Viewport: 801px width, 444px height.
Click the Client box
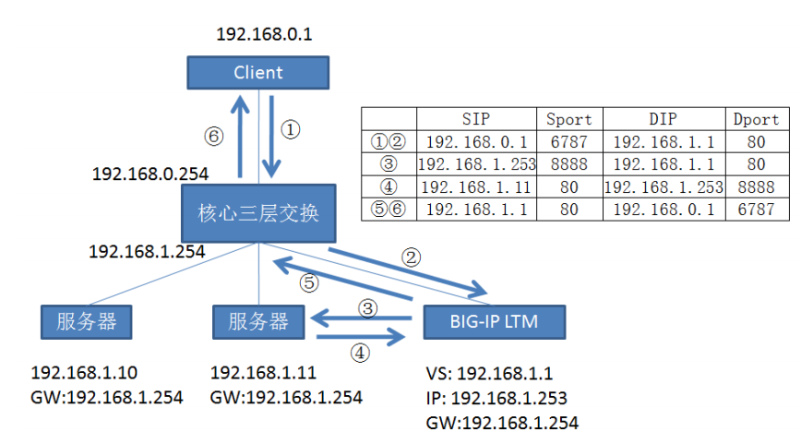257,72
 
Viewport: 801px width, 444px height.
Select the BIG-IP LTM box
494,321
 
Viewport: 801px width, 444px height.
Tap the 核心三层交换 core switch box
257,214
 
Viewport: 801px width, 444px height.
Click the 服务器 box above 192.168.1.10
86,321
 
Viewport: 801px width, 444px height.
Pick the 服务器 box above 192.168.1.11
257,321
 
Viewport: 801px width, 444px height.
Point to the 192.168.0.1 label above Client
264,34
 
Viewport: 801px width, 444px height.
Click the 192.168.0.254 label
150,173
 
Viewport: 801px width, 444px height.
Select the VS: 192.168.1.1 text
489,374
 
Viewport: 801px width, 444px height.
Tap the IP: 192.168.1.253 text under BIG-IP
496,399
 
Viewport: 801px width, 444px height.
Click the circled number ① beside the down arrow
290,130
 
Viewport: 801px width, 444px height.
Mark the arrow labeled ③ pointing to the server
359,319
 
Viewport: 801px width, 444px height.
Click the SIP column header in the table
476,119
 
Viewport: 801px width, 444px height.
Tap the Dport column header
757,119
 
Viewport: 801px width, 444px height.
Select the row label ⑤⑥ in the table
389,210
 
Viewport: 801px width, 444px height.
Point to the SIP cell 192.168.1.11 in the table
476,186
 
